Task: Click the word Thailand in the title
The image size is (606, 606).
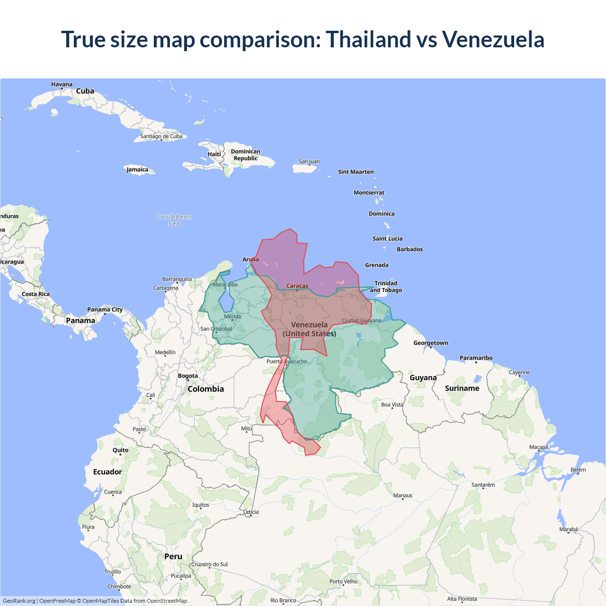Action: (x=368, y=39)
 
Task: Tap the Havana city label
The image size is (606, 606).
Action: (x=62, y=84)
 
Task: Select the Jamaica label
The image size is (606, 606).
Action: (x=137, y=169)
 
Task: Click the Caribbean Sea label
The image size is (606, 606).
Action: (x=174, y=220)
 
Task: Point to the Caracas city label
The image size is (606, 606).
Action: (x=297, y=285)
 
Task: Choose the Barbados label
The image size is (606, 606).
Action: (x=410, y=249)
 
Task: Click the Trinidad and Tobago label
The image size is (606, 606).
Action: (x=386, y=286)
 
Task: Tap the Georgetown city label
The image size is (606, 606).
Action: (x=430, y=343)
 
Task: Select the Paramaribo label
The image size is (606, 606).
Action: (x=476, y=358)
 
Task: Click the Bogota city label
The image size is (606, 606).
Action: (x=188, y=376)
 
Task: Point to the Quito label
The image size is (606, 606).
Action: (x=120, y=450)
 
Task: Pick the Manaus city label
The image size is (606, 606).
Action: (x=403, y=495)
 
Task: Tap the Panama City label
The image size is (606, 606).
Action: (x=105, y=310)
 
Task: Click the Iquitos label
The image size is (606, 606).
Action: (x=201, y=505)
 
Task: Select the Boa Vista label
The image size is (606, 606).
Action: (x=392, y=404)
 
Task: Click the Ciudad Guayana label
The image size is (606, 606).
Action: (x=361, y=321)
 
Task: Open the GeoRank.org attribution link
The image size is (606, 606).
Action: (x=19, y=601)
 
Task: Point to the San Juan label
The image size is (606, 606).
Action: (x=309, y=161)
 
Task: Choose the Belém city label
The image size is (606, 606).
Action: (x=578, y=470)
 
